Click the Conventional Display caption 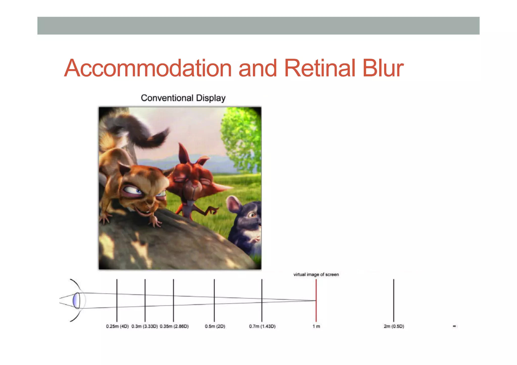[183, 98]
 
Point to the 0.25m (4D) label [117, 326]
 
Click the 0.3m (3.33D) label [144, 326]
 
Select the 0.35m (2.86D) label [174, 326]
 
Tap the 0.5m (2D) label [215, 326]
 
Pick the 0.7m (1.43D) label [262, 326]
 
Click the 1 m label [316, 326]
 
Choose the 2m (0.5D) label [394, 326]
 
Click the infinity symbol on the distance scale [454, 326]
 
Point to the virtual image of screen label [316, 274]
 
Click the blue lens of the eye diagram [76, 300]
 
